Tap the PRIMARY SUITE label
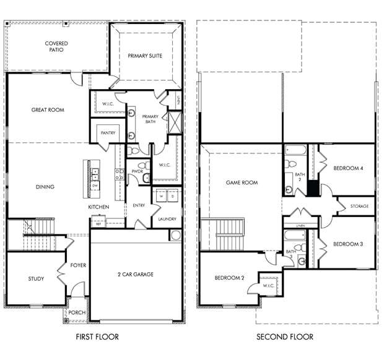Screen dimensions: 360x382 pos(145,56)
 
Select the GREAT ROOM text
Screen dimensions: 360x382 pos(48,110)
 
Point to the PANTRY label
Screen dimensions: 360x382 pos(108,133)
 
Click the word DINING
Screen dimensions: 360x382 pos(45,187)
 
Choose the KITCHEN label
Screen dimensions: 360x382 pos(98,207)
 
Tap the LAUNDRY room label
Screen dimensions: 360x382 pos(167,219)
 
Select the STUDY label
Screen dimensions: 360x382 pos(36,279)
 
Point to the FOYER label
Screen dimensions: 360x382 pos(78,265)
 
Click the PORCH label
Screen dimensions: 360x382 pos(77,312)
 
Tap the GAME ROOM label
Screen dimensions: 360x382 pos(241,182)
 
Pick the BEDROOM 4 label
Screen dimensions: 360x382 pos(348,168)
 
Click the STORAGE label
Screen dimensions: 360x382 pos(359,206)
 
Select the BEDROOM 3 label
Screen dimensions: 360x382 pos(348,244)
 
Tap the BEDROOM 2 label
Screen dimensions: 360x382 pos(230,278)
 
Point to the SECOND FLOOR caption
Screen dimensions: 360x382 pos(285,337)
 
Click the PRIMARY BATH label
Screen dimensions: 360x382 pos(150,119)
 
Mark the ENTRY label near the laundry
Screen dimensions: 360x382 pos(139,205)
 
